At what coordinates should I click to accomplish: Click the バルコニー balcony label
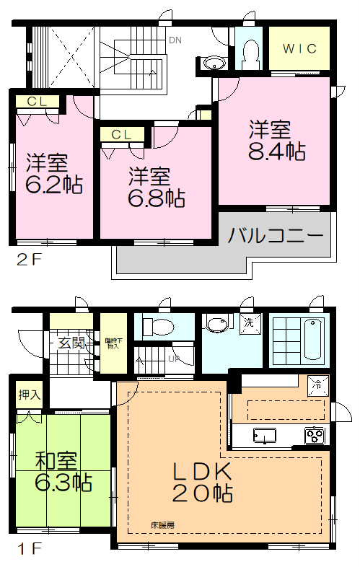click(276, 235)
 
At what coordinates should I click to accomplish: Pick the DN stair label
click(175, 40)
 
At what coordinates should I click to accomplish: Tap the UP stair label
click(174, 359)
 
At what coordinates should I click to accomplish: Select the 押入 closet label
click(29, 395)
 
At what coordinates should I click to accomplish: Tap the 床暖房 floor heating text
click(162, 524)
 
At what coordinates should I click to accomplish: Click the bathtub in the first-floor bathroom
click(312, 337)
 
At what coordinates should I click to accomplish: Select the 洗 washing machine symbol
click(246, 322)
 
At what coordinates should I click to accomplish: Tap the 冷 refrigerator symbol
click(317, 384)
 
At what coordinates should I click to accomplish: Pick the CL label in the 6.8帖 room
click(120, 134)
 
